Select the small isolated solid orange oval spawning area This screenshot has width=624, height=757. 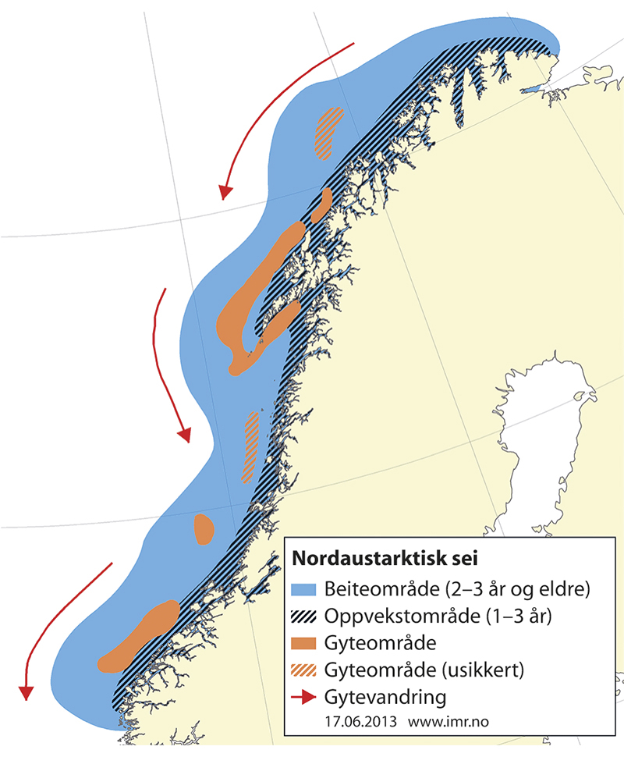click(204, 529)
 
